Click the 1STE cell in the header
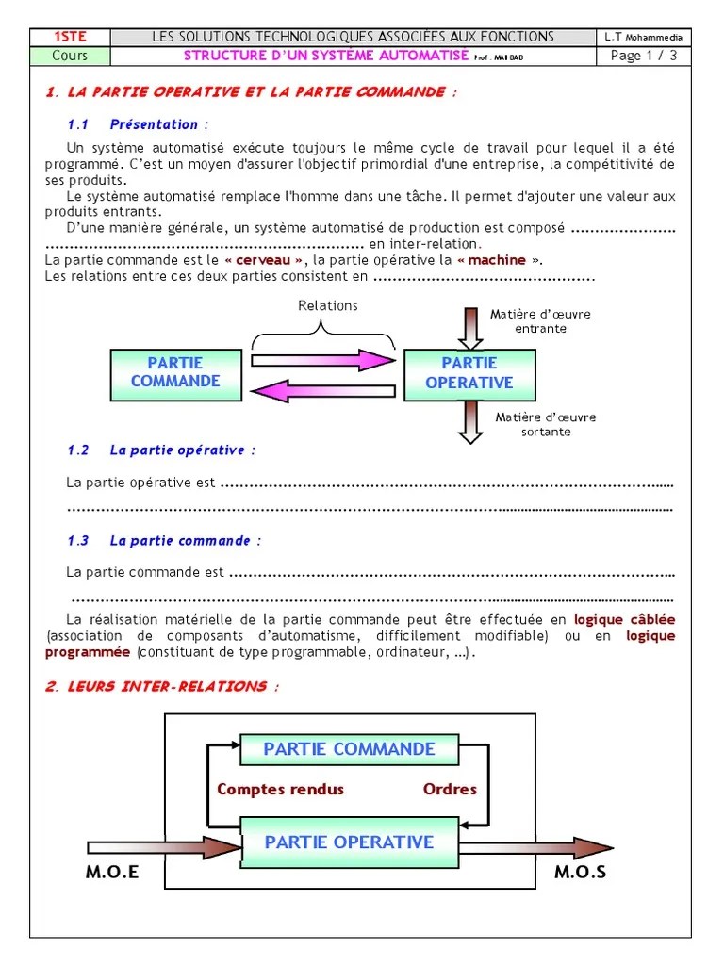(70, 37)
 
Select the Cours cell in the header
(70, 56)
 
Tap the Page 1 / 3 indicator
(644, 56)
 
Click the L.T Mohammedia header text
(644, 37)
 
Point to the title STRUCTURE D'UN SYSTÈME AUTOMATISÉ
(325, 56)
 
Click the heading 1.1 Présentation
(138, 124)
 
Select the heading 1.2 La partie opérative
(161, 450)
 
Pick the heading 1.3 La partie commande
(164, 541)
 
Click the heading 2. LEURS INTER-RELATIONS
(162, 687)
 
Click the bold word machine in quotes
(497, 260)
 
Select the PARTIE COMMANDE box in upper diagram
(175, 372)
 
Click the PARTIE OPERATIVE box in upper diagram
(469, 373)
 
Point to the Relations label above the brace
(327, 305)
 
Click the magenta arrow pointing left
(320, 389)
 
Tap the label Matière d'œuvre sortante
(546, 424)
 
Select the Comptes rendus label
(280, 790)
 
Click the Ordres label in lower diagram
(450, 790)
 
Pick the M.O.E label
(112, 872)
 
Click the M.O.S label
(580, 872)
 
